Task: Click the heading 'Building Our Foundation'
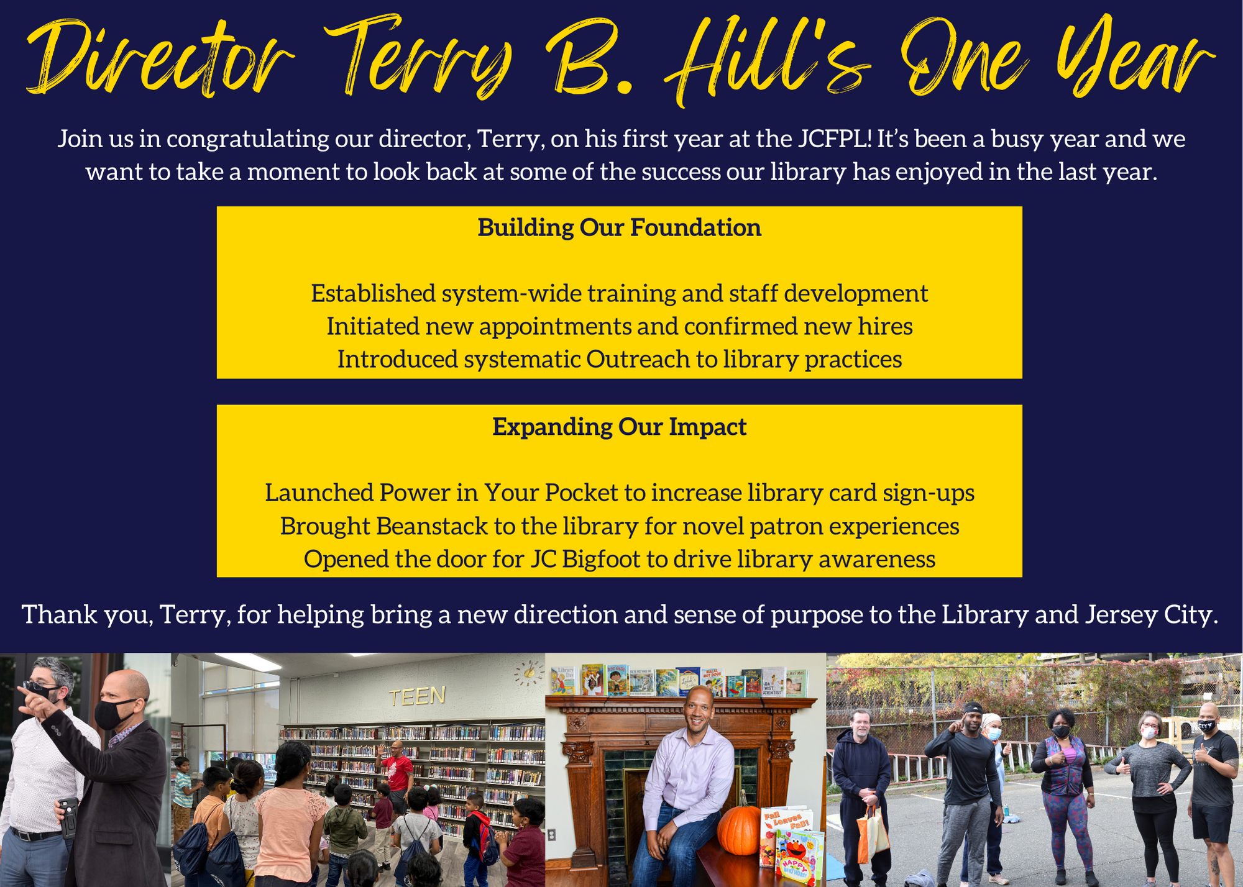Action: tap(619, 228)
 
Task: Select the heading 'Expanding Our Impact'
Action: tap(619, 427)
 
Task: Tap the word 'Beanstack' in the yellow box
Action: tap(432, 526)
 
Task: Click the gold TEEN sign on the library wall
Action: tap(417, 696)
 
